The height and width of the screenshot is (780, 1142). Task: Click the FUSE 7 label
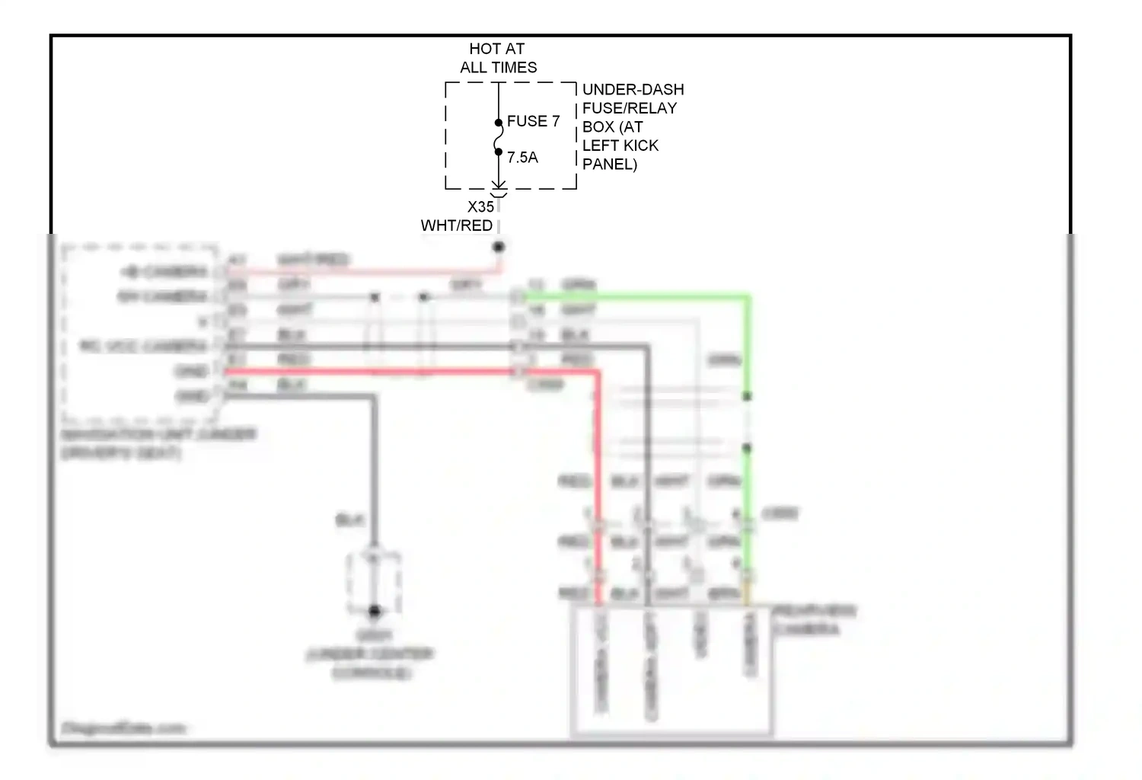[533, 121]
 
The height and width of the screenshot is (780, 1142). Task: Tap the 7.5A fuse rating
[522, 158]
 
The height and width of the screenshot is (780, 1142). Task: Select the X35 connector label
[480, 206]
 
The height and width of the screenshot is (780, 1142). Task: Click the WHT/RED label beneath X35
[457, 225]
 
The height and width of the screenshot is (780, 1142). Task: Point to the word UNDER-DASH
[633, 90]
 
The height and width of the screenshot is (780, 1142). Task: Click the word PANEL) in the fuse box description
[609, 164]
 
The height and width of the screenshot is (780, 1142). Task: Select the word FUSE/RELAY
[630, 108]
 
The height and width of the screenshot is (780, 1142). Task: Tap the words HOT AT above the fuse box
[496, 49]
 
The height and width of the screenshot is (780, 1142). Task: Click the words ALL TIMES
[498, 68]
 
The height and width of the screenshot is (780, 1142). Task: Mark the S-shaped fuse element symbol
[499, 138]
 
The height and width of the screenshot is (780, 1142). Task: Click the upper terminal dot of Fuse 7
[499, 123]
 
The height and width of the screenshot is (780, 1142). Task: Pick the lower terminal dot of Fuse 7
[499, 152]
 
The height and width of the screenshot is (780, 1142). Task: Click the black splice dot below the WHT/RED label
[499, 247]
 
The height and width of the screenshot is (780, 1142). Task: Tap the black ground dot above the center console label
[374, 611]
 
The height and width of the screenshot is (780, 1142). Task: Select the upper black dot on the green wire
[747, 396]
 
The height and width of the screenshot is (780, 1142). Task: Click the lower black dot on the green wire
[747, 448]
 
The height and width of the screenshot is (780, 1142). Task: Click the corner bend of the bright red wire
[597, 372]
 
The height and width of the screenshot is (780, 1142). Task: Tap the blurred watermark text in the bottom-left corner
[123, 728]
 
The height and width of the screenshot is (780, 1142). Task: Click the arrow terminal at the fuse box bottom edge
[499, 185]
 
